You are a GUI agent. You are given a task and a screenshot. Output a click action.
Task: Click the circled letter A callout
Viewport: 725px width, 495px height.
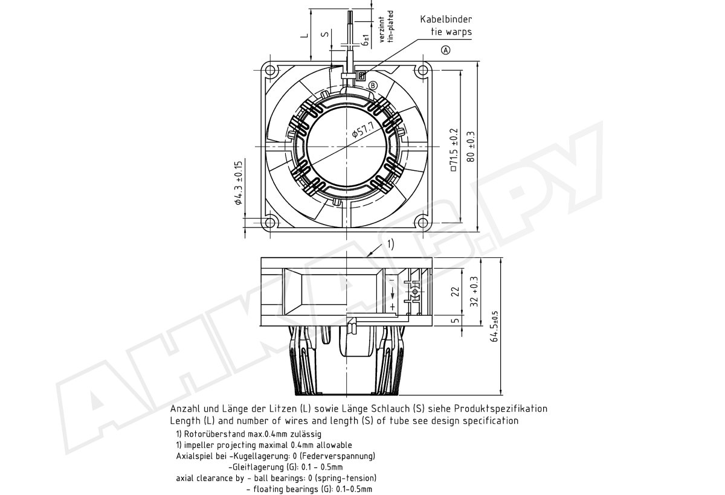tap(446, 50)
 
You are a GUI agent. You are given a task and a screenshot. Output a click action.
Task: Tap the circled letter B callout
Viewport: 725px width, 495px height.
tap(373, 85)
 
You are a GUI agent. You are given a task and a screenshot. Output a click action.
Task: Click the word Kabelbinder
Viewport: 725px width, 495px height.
tap(446, 19)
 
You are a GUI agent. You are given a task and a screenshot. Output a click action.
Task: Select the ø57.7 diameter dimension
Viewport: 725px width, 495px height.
tap(363, 129)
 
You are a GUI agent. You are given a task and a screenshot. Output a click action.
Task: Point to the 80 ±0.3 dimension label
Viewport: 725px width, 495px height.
tap(471, 147)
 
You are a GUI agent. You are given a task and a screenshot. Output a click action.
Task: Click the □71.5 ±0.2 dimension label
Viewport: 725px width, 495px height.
tap(454, 149)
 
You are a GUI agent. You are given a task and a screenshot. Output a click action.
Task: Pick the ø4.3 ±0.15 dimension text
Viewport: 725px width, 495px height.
tap(239, 183)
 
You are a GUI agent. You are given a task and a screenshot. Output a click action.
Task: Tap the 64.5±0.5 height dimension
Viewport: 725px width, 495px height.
tap(495, 326)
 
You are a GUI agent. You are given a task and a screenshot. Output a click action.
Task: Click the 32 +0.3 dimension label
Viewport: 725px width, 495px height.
tap(474, 292)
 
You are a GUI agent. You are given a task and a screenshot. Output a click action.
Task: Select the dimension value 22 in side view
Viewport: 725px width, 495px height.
tap(456, 292)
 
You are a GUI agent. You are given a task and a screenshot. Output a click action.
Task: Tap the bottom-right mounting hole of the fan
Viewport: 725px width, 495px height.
tap(423, 223)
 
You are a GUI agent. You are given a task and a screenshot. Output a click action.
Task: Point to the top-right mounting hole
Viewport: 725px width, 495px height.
tap(423, 70)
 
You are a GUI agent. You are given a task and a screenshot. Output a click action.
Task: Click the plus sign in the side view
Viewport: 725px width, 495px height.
tap(393, 307)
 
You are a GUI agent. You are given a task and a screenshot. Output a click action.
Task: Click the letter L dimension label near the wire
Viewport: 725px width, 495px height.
tap(305, 35)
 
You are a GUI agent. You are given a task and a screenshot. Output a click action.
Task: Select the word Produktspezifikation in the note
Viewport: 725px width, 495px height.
tap(501, 409)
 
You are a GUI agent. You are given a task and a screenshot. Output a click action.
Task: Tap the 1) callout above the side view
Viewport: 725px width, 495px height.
tap(391, 244)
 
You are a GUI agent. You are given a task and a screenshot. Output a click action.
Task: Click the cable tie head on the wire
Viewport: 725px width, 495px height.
tap(361, 76)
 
